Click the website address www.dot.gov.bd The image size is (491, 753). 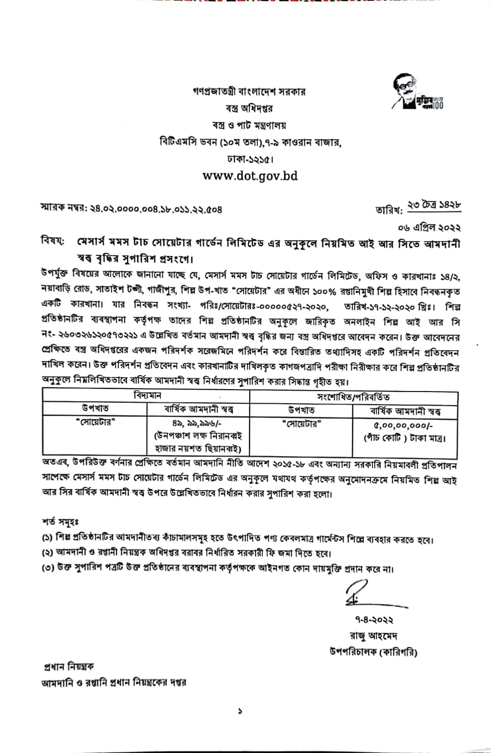(x=250, y=176)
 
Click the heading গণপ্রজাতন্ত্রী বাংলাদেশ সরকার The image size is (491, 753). (x=249, y=91)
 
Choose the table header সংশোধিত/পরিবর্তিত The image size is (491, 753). (x=353, y=397)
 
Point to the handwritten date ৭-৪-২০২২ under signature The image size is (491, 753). (x=374, y=620)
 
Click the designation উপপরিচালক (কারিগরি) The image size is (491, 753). (x=373, y=652)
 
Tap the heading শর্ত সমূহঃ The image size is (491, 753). (x=61, y=522)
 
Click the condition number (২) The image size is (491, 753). (x=47, y=553)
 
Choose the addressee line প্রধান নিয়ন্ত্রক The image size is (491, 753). (x=69, y=666)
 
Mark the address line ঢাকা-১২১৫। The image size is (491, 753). (x=250, y=159)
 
